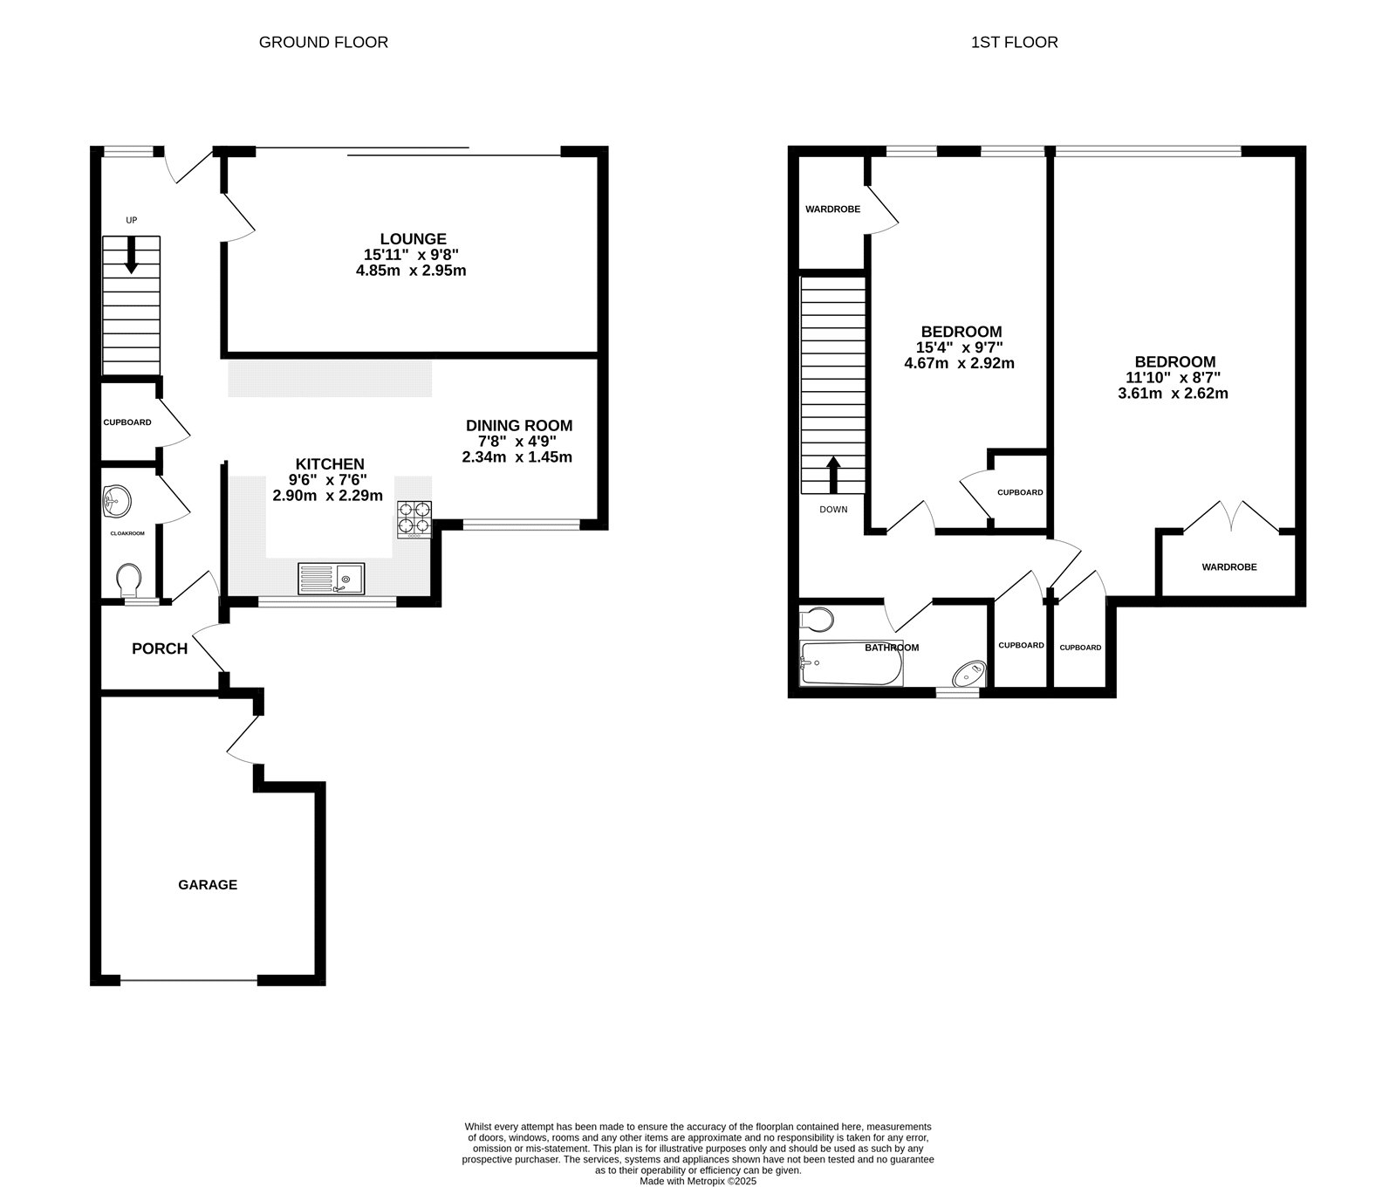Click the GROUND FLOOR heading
point(323,42)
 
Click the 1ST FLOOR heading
point(1014,42)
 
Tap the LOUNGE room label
point(413,238)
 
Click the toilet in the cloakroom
point(129,579)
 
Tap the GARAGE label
point(208,884)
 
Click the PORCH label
point(160,648)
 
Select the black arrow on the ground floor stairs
point(131,256)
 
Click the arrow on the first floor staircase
point(833,475)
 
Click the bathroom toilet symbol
point(817,621)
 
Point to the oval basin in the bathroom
point(969,674)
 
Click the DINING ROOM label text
point(518,426)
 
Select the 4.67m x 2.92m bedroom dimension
point(959,363)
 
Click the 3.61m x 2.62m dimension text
point(1173,393)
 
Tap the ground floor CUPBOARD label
point(127,422)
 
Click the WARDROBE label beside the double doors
point(1228,567)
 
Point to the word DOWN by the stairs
point(833,510)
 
